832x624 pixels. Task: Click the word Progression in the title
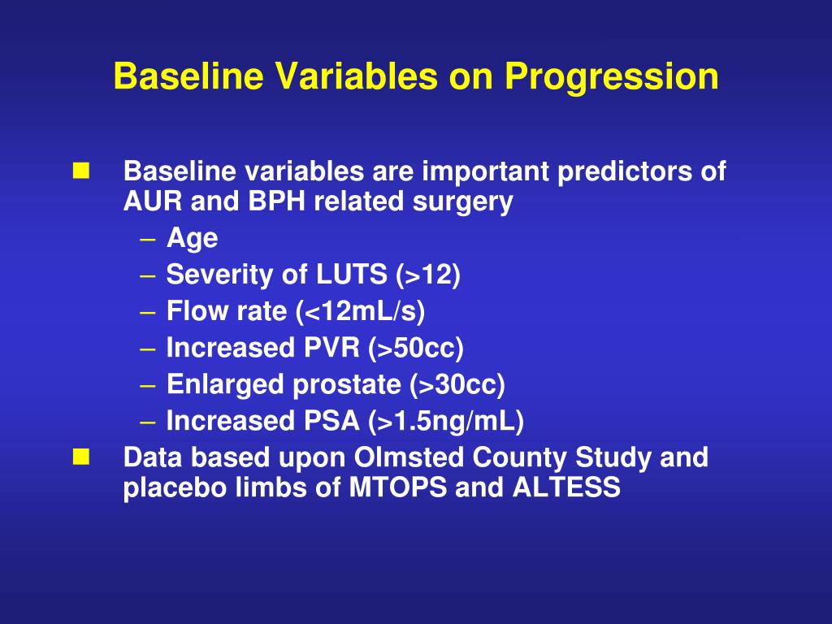(611, 77)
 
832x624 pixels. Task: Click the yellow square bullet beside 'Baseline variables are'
(81, 171)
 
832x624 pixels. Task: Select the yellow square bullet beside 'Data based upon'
(81, 457)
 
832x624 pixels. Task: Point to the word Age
(192, 239)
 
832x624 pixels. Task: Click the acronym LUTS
(351, 275)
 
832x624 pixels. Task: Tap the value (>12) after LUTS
(427, 275)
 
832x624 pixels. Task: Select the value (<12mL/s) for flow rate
(361, 311)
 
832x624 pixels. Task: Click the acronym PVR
(331, 348)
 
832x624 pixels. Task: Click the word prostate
(346, 384)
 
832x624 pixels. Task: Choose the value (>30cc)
(457, 384)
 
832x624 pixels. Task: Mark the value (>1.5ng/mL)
(446, 422)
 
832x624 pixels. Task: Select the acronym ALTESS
(566, 487)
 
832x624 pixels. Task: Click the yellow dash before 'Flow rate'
(148, 312)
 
